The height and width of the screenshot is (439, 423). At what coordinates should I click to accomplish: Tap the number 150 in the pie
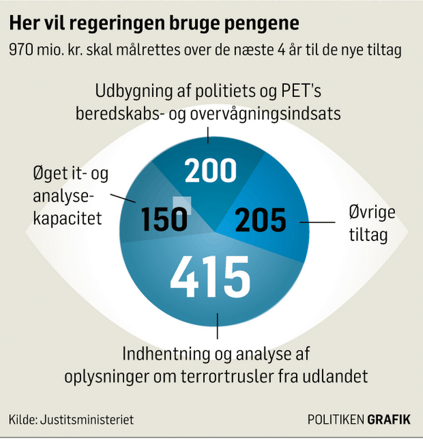[x=164, y=219]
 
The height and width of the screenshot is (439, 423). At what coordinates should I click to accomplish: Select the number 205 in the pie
[x=261, y=220]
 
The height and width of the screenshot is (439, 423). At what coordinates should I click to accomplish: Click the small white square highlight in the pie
[x=182, y=205]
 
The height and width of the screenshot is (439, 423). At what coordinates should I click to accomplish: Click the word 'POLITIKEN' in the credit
[x=336, y=420]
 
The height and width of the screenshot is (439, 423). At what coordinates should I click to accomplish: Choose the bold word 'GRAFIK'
[x=389, y=420]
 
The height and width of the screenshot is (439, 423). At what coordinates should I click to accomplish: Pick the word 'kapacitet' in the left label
[x=68, y=218]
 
